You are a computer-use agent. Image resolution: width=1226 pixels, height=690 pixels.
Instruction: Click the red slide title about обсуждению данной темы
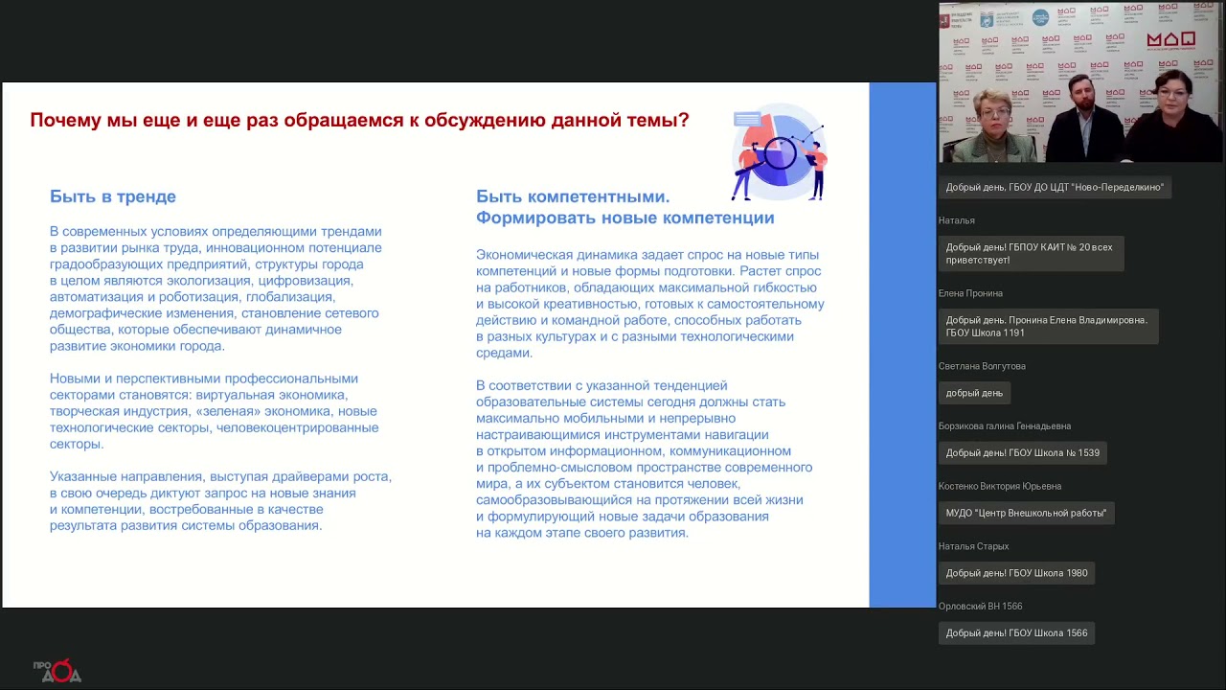(359, 121)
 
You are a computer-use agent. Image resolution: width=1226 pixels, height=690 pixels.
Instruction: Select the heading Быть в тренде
(113, 196)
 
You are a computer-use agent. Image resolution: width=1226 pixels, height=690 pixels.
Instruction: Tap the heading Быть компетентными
(573, 196)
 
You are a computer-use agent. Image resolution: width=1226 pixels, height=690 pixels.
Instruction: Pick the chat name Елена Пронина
(970, 293)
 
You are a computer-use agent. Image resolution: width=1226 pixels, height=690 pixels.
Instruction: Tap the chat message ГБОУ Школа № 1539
(1022, 452)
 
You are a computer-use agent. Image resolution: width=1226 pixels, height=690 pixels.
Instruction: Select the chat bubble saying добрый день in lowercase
(974, 393)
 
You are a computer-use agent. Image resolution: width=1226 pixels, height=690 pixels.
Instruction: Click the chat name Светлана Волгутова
(982, 366)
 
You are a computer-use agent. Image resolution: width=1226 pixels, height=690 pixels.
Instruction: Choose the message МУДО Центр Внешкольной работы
(1026, 513)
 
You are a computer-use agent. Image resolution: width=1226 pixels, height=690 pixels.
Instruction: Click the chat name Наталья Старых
(973, 546)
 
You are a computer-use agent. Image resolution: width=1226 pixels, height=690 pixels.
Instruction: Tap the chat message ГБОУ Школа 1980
(1016, 573)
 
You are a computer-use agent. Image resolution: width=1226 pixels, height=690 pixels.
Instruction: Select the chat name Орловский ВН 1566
(980, 607)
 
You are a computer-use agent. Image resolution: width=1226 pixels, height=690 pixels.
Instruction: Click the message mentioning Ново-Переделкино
(1055, 188)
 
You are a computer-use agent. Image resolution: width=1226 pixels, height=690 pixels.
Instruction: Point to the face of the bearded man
(1080, 96)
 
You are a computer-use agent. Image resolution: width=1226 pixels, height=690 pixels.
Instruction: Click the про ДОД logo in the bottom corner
(57, 671)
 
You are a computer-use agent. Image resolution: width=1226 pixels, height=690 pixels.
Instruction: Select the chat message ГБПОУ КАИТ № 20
(1030, 253)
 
